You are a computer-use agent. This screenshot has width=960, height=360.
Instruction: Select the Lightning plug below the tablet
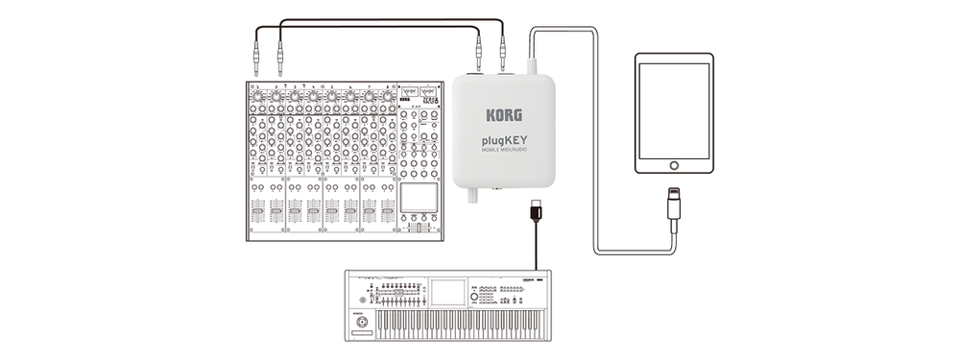pyautogui.click(x=673, y=205)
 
